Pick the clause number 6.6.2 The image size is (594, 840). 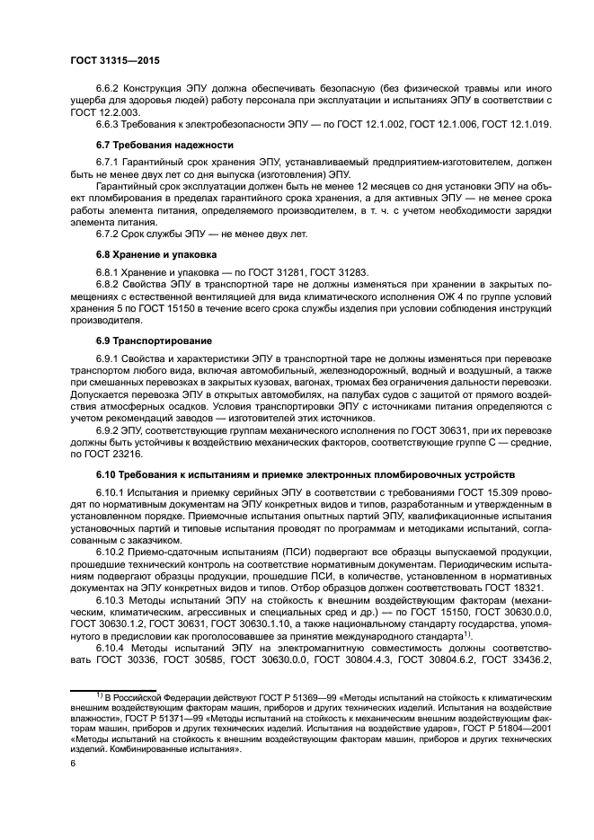[x=111, y=88]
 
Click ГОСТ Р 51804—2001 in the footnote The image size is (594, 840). [x=514, y=729]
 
